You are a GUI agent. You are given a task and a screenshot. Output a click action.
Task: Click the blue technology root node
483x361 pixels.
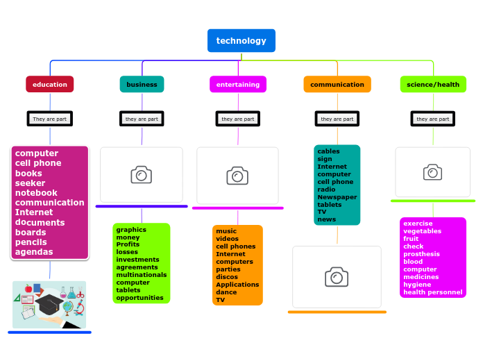[241, 41]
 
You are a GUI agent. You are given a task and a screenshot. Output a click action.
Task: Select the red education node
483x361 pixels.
[49, 85]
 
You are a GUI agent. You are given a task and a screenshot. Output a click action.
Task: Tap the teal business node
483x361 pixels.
[142, 85]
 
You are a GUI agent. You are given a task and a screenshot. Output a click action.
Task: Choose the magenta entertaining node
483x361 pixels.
[238, 85]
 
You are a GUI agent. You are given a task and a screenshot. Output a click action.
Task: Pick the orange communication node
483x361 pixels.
[337, 85]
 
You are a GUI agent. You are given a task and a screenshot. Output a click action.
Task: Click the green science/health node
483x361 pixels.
[433, 85]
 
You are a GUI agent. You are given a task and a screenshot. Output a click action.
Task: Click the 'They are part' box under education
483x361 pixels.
[49, 119]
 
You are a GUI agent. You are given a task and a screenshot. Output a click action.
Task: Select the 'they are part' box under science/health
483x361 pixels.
[433, 119]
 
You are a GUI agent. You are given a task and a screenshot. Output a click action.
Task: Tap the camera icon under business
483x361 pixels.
[141, 175]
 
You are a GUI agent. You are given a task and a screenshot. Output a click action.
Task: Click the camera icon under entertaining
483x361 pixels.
[237, 176]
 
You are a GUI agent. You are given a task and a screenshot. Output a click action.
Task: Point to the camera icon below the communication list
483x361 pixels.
[337, 277]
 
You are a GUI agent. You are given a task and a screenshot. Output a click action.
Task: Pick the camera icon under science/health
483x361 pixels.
[433, 171]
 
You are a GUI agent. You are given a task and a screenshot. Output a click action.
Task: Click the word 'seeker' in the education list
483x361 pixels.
[30, 183]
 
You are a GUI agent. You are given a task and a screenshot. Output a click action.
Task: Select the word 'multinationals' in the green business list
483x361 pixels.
[141, 275]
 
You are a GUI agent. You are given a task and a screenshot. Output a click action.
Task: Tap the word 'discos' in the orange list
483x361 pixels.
[226, 277]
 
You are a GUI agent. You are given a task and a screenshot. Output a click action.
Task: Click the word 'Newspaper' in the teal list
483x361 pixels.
[337, 197]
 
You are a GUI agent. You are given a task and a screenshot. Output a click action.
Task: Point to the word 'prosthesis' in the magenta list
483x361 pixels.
[421, 254]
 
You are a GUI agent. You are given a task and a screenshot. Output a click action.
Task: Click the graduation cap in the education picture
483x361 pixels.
[49, 304]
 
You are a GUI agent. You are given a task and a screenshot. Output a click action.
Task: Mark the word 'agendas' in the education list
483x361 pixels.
[33, 252]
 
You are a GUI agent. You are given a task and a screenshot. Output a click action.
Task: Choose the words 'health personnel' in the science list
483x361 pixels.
[432, 292]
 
